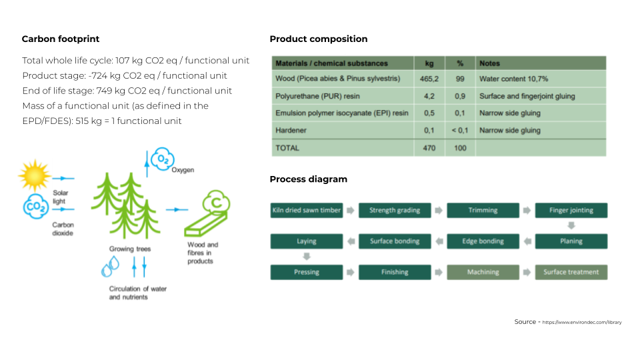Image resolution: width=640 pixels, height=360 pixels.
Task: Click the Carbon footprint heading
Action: pos(61,39)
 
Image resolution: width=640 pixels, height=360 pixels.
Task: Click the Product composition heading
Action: pos(318,39)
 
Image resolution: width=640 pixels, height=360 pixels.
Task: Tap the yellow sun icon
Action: pos(34,177)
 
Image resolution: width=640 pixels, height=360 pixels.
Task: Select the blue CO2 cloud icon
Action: pos(35,207)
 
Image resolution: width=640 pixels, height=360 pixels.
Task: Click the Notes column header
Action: pos(489,63)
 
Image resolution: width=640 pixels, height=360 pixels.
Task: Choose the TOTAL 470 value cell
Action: pos(429,148)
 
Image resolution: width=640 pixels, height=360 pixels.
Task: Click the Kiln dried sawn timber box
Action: pos(307,211)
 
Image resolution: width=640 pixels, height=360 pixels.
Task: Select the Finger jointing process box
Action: pos(571,211)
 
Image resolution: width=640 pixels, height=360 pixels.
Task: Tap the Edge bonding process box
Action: pos(483,241)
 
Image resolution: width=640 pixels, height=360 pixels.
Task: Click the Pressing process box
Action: pos(307,272)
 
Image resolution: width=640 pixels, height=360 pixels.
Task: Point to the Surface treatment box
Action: pos(571,272)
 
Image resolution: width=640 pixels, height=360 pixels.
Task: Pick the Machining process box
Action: pos(483,272)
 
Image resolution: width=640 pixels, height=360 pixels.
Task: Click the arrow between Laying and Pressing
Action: pos(307,257)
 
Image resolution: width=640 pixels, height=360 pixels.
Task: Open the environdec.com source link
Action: pos(581,323)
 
